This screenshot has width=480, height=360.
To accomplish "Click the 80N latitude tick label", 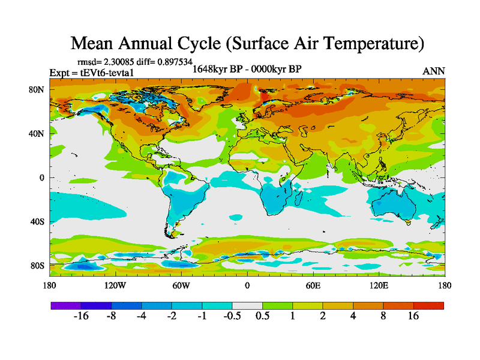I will pos(37,90).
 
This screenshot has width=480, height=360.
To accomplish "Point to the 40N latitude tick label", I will pos(37,134).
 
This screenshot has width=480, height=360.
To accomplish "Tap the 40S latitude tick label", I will pos(37,221).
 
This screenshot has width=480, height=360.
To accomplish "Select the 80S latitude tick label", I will pos(37,265).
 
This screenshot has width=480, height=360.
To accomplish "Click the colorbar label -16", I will pos(80,317).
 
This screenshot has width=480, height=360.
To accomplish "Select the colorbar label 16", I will pos(413,317).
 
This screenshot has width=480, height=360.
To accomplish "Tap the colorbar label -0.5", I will pos(231,317).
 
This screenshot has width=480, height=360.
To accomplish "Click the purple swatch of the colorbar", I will pos(65,305).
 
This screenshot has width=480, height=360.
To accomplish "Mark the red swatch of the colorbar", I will pos(428,305).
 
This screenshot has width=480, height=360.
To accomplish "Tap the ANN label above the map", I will pos(434,71).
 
